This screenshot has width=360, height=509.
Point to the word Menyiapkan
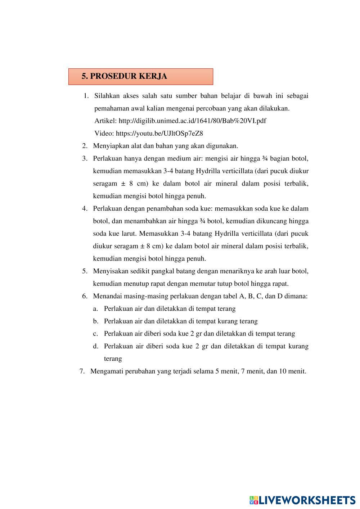point(110,146)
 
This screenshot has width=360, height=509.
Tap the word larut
point(128,233)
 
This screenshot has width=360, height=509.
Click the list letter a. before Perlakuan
point(95,308)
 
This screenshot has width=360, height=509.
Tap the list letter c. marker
point(95,333)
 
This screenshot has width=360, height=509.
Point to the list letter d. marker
point(95,346)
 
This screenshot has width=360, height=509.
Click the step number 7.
point(82,371)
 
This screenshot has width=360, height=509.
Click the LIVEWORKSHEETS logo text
point(307,500)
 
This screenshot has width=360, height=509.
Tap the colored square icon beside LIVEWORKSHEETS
point(254,500)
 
